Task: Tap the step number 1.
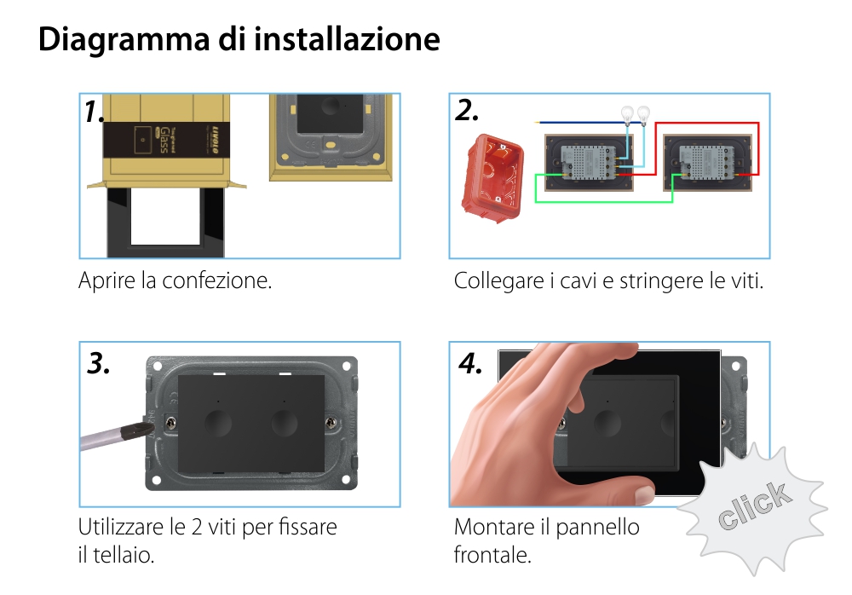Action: click(95, 113)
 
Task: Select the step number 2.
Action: click(467, 111)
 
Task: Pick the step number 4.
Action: click(470, 363)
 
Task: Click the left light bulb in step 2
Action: click(629, 112)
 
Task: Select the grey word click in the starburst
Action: click(752, 505)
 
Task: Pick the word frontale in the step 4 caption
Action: click(492, 555)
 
